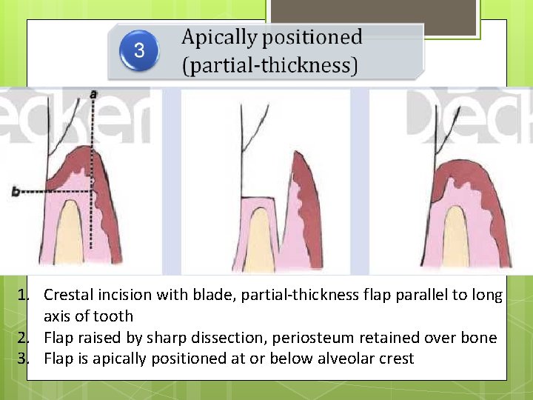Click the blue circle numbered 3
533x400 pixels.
coord(139,51)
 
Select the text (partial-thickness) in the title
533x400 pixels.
coord(270,66)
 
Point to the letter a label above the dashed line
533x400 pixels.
coord(93,94)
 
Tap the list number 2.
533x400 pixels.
coord(23,338)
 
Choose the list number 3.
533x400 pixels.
coord(23,359)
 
